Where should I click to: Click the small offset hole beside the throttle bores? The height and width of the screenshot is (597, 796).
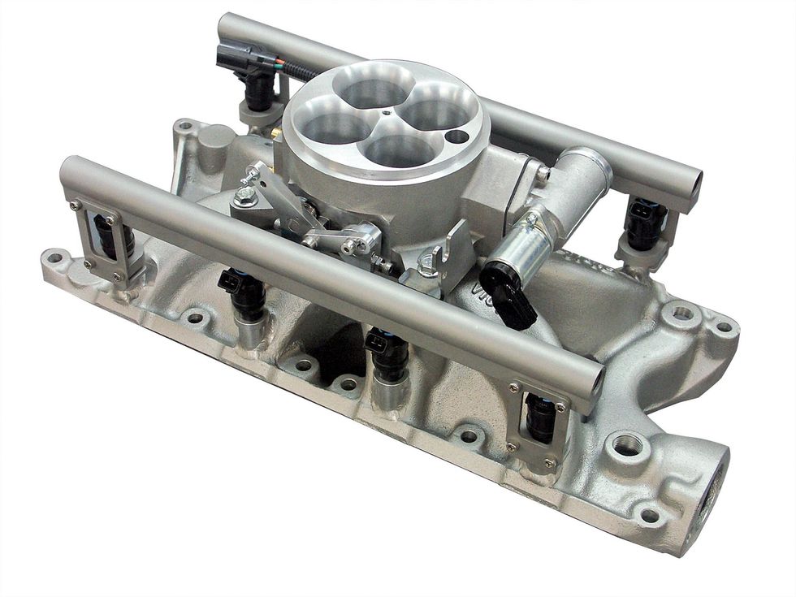click(461, 136)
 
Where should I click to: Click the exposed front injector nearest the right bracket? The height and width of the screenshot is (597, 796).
click(387, 354)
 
